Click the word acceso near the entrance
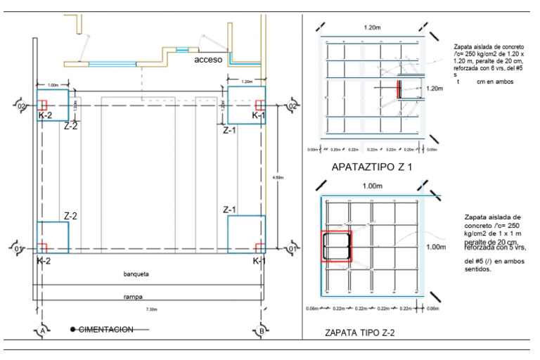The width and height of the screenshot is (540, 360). [x=209, y=60]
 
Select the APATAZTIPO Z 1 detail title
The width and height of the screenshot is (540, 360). [x=370, y=167]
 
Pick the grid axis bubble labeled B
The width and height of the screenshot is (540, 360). [x=262, y=330]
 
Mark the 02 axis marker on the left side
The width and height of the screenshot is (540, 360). [x=20, y=106]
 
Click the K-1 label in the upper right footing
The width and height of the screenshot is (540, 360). [x=258, y=115]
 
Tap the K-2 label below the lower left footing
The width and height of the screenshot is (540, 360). [x=44, y=261]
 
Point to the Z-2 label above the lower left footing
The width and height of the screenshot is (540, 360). [x=71, y=215]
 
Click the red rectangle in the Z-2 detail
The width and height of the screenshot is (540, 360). [x=335, y=246]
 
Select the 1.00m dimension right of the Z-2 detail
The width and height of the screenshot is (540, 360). [x=436, y=247]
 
